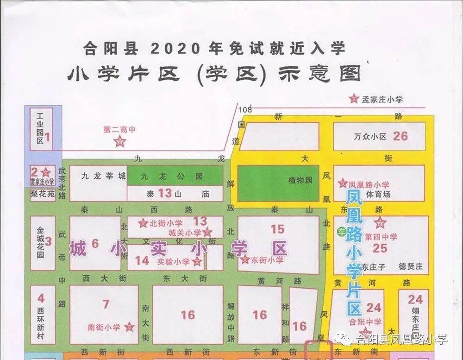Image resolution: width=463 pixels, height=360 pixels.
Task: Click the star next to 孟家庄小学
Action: pos(354,98)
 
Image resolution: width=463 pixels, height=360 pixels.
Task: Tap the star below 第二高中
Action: pos(120,142)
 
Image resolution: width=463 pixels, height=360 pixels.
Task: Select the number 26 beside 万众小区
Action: pos(400,136)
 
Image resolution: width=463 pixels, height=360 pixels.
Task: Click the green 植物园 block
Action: pos(278,183)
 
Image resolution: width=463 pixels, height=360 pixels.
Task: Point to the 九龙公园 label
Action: pos(172,177)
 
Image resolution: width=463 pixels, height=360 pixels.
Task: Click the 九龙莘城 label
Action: pos(96,176)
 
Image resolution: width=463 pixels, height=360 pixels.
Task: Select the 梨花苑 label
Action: pos(42,194)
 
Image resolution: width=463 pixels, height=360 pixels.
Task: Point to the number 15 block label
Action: pos(277,228)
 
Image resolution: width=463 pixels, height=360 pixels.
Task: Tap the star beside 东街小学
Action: pos(245,260)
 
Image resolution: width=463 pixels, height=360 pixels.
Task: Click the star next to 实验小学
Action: pos(197,262)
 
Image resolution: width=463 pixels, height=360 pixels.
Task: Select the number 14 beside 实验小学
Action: pos(142,261)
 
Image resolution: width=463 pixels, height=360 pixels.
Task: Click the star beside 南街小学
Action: pos(130,328)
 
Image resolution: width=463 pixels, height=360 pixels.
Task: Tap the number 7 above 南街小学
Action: pos(106,304)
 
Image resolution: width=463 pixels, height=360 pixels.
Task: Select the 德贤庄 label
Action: pos(411,267)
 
